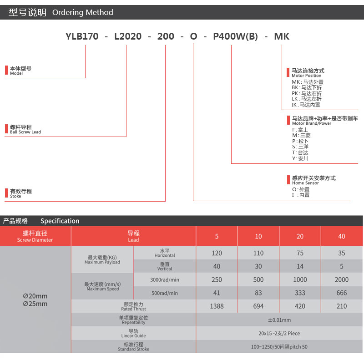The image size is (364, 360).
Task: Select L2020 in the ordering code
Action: (x=128, y=36)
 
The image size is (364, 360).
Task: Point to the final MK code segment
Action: (x=282, y=36)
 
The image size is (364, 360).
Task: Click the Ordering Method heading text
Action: (x=82, y=13)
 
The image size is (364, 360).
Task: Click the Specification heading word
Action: (x=60, y=221)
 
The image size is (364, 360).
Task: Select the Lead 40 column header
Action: (x=342, y=236)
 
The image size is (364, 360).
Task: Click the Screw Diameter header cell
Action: (x=35, y=236)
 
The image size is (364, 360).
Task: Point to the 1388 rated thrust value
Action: (x=217, y=306)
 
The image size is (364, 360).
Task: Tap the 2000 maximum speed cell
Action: (x=342, y=279)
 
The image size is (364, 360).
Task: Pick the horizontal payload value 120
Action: (x=217, y=253)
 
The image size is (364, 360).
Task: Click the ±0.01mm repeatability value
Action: (x=279, y=320)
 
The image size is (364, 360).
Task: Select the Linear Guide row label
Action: (x=133, y=334)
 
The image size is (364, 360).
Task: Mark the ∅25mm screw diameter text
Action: (x=35, y=304)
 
